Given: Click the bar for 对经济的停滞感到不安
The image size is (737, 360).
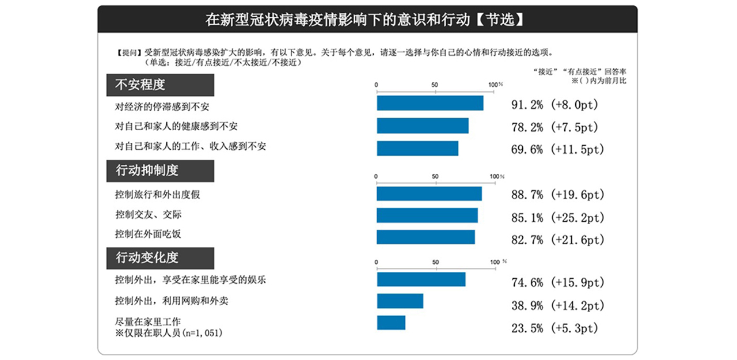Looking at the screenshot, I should coord(430,103).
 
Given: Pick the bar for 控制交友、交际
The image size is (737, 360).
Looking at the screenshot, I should coord(427,215).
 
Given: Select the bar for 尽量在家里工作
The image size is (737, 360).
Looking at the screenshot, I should coord(391,323).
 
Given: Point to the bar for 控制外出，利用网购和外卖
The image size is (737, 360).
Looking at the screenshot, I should coord(400,301).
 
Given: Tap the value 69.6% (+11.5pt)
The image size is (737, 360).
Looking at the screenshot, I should coord(557,149).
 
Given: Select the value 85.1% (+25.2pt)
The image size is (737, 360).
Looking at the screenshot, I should coord(557,218).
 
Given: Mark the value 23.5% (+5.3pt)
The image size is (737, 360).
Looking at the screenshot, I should coord(554,328).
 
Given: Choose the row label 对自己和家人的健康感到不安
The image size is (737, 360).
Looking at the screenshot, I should coord(176,126).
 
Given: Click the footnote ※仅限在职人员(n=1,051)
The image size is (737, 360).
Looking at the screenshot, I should coord(169,332).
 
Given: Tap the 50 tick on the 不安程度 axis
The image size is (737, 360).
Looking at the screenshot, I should coord(435,85).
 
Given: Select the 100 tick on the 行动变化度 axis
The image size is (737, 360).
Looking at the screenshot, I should coord(495,262).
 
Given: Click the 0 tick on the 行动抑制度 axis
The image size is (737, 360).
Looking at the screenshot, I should coord(376,176).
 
